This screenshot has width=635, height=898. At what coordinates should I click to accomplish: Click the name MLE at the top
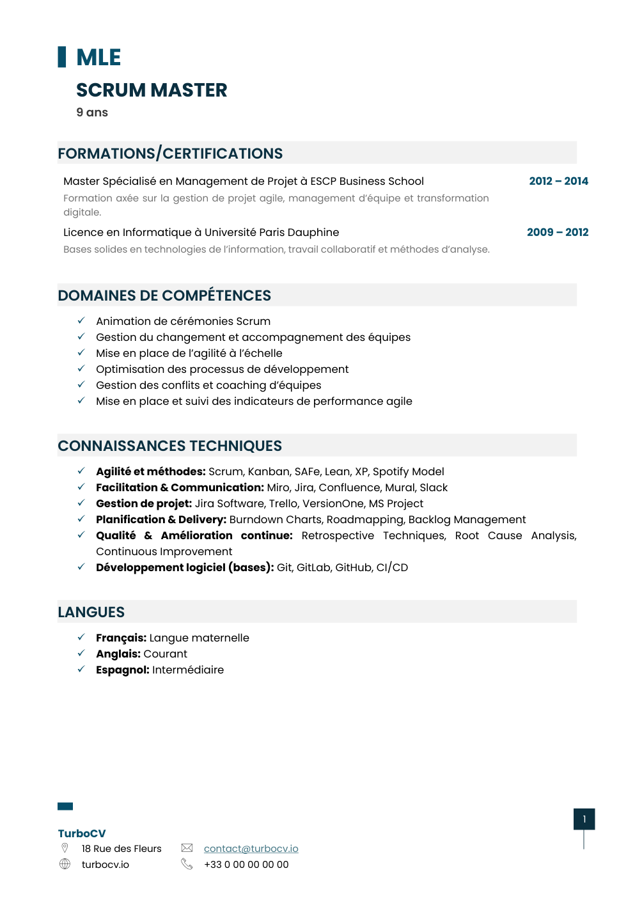[x=98, y=58]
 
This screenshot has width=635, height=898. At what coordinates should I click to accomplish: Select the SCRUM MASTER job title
[x=152, y=90]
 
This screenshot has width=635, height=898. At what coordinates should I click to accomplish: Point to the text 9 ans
[x=92, y=113]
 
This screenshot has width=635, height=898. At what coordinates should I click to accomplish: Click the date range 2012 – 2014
[x=558, y=181]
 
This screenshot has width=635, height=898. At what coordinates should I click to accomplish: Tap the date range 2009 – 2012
[x=557, y=232]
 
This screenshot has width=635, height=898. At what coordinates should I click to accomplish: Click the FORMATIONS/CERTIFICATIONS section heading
[x=170, y=154]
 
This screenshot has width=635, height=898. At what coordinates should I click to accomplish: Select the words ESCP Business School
[x=367, y=181]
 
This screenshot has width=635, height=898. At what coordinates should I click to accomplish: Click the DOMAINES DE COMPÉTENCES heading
[x=164, y=295]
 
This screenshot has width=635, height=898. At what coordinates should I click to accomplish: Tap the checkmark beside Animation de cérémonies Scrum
[x=81, y=320]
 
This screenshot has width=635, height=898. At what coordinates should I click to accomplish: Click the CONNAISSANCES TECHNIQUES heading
[x=169, y=446]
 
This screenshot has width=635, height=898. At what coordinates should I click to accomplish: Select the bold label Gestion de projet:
[x=144, y=503]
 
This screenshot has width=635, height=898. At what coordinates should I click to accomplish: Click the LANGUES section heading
[x=91, y=612]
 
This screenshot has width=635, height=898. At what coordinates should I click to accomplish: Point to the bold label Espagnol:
[x=123, y=670]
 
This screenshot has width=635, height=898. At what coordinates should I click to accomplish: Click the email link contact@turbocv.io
[x=251, y=848]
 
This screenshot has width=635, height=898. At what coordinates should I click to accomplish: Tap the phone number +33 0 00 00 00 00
[x=246, y=864]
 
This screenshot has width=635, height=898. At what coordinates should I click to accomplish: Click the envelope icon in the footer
[x=187, y=847]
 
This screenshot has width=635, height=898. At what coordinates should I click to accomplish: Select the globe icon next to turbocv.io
[x=65, y=864]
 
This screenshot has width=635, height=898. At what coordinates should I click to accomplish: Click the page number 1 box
[x=584, y=819]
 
